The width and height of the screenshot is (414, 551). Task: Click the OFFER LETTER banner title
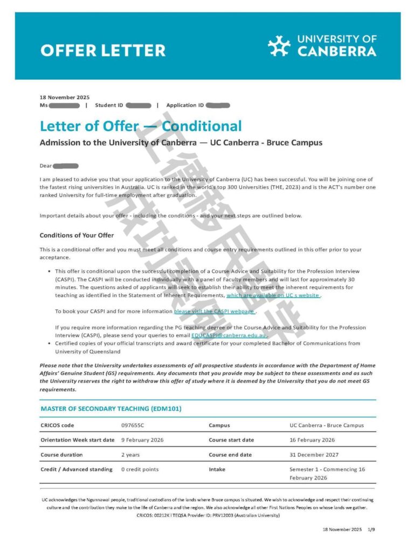click(102, 51)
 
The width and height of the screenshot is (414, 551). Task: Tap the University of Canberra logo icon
click(279, 46)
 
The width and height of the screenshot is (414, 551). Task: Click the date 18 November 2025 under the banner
click(65, 97)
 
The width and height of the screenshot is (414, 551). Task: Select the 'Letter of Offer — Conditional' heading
click(141, 126)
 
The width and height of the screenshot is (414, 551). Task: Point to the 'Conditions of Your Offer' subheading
click(77, 236)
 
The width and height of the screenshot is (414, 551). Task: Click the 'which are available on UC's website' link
click(273, 295)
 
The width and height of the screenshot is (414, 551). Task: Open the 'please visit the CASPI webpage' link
click(215, 312)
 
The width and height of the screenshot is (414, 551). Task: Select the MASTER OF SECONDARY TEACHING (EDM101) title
click(111, 409)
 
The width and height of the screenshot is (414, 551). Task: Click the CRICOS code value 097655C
click(133, 425)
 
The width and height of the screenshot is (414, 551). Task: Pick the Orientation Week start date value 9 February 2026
click(142, 440)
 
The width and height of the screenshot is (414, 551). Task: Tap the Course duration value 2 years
click(130, 455)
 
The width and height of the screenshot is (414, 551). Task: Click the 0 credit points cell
click(140, 469)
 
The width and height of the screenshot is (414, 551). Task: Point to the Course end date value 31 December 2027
click(314, 455)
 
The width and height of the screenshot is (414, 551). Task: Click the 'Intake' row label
click(217, 469)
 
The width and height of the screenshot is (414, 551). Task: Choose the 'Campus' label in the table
click(219, 425)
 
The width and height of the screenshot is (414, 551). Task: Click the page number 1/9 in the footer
click(371, 529)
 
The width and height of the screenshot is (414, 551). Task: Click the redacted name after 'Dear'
click(66, 166)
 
